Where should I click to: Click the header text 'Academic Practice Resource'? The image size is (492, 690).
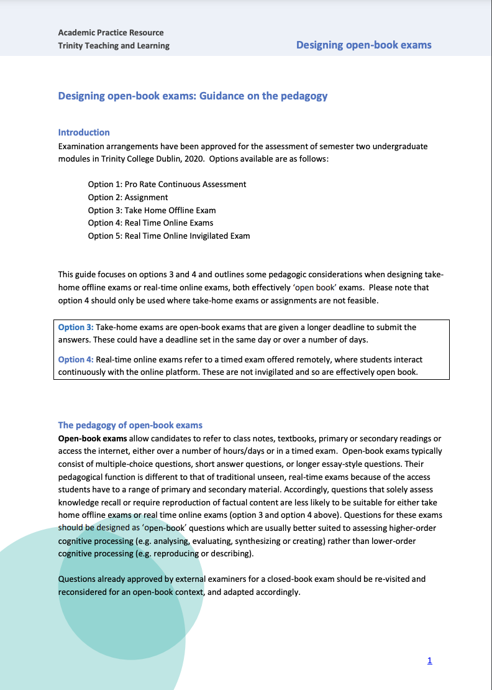click(111, 32)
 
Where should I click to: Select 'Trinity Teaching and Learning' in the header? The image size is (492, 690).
click(114, 45)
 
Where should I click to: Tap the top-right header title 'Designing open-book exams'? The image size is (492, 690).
click(363, 45)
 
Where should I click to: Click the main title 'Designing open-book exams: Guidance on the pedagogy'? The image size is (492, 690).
click(193, 96)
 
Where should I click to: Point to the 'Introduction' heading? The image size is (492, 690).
click(84, 132)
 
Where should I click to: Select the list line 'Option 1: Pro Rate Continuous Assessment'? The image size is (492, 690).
click(167, 184)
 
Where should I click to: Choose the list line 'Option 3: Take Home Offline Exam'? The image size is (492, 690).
click(152, 210)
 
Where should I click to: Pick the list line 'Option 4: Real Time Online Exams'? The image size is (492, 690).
click(150, 223)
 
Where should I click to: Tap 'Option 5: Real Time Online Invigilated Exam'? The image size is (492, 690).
click(169, 236)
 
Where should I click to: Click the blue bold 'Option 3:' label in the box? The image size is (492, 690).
click(76, 327)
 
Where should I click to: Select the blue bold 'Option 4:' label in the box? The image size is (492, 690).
click(76, 359)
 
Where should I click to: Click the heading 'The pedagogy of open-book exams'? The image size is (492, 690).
click(130, 425)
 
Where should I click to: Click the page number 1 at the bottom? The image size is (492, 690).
click(429, 661)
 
